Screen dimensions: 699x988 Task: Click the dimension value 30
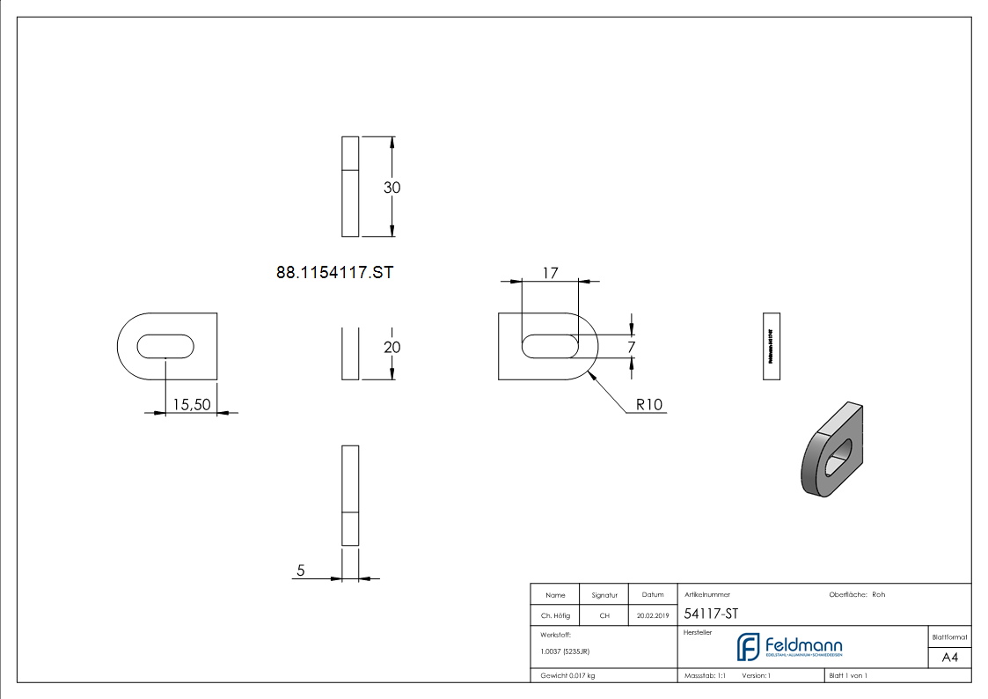(392, 188)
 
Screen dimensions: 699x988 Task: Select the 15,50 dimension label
(191, 404)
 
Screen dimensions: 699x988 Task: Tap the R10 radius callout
(649, 405)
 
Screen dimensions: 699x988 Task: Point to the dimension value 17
(550, 273)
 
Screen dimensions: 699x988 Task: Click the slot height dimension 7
(631, 348)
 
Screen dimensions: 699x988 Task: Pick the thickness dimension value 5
(301, 570)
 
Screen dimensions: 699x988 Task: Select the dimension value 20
(392, 348)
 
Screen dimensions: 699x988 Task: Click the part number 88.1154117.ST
(334, 273)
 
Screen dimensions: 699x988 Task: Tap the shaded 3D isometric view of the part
(833, 449)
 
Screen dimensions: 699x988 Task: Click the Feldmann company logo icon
(749, 647)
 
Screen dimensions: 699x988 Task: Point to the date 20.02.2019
(653, 616)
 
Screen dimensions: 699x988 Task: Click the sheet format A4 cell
(949, 658)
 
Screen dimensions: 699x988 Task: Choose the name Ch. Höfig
(555, 616)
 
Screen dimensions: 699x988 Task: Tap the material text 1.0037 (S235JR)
(565, 651)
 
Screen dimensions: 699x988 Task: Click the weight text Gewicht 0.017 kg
(567, 676)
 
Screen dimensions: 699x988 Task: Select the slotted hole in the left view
(165, 345)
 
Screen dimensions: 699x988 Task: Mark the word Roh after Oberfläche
(878, 595)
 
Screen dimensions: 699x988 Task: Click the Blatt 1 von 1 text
(848, 676)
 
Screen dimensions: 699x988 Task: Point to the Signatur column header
(604, 595)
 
